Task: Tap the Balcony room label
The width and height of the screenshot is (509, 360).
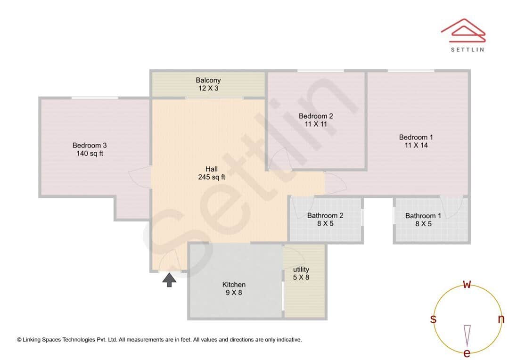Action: pyautogui.click(x=208, y=81)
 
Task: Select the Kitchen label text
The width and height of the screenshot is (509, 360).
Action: pyautogui.click(x=234, y=285)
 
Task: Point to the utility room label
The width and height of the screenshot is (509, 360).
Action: pyautogui.click(x=301, y=270)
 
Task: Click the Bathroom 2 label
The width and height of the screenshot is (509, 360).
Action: pyautogui.click(x=325, y=216)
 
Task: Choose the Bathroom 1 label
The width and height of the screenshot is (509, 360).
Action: pyautogui.click(x=423, y=216)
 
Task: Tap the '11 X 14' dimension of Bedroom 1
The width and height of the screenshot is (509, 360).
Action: pyautogui.click(x=416, y=146)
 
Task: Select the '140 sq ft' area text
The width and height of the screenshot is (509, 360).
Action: pyautogui.click(x=89, y=154)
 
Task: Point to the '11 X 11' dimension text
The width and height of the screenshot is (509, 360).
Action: pyautogui.click(x=316, y=124)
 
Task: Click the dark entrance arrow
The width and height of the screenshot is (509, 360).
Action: pyautogui.click(x=170, y=280)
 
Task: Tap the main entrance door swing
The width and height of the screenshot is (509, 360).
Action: pyautogui.click(x=170, y=262)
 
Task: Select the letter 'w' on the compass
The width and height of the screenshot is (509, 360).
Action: pyautogui.click(x=467, y=284)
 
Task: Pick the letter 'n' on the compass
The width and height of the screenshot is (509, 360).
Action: pyautogui.click(x=501, y=319)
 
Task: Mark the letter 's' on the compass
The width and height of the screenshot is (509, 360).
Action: pyautogui.click(x=433, y=319)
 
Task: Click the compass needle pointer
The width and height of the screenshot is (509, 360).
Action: pyautogui.click(x=467, y=335)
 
